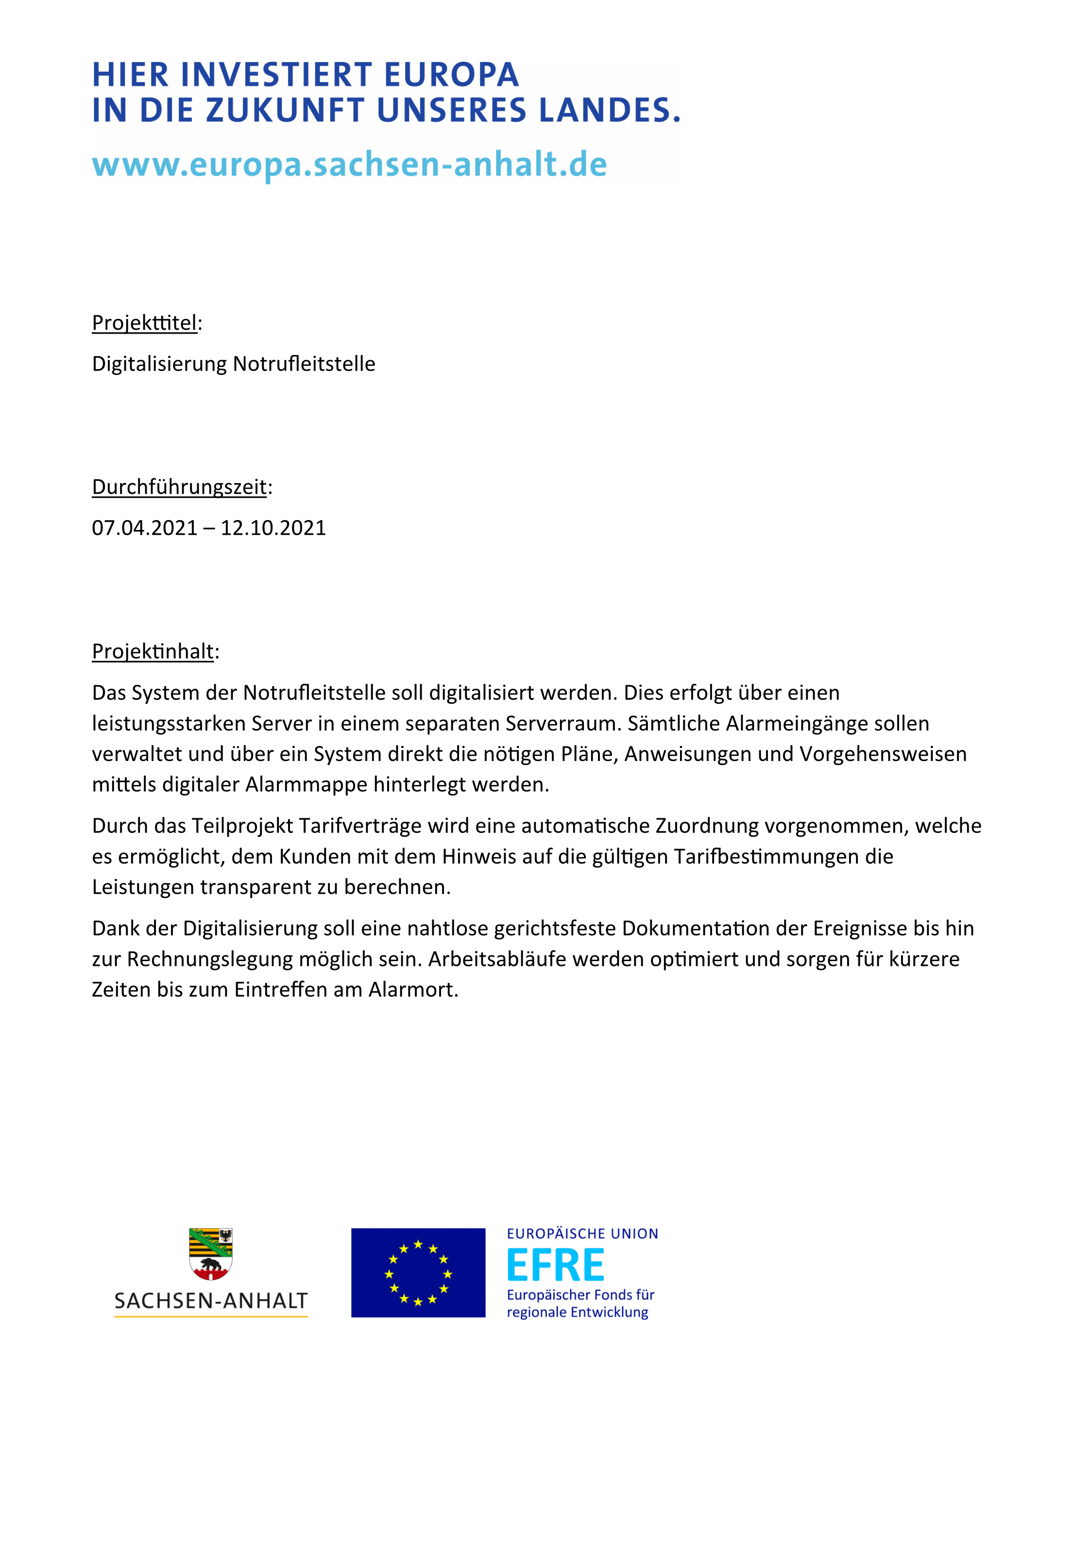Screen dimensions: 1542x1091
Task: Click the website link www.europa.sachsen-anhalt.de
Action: [x=349, y=165]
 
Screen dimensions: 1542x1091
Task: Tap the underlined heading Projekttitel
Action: [x=144, y=323]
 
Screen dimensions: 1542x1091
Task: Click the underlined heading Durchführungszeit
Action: [x=179, y=487]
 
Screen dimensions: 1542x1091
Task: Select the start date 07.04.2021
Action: [x=144, y=528]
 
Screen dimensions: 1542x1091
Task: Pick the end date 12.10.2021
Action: [x=273, y=528]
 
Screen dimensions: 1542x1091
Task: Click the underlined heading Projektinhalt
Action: [x=153, y=651]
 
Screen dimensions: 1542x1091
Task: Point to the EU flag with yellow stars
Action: [x=418, y=1272]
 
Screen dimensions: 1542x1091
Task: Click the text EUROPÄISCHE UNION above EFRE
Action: [x=582, y=1234]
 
